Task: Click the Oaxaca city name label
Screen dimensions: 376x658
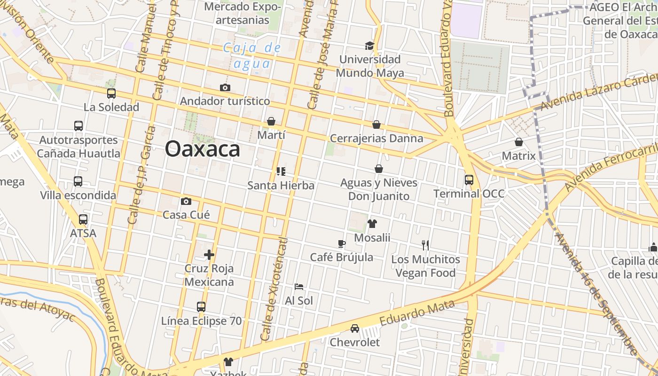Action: tap(202, 149)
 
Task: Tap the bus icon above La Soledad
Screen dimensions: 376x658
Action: tap(111, 94)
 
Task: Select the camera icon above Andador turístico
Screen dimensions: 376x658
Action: tap(225, 87)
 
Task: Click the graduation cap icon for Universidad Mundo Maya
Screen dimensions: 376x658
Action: tap(370, 46)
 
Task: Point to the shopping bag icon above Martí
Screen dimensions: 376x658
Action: tap(271, 122)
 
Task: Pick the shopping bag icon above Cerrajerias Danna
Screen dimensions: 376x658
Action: tap(376, 125)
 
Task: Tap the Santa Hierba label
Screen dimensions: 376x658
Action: tap(281, 186)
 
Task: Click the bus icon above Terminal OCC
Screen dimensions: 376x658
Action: tap(469, 180)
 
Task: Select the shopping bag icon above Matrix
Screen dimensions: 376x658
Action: tap(519, 142)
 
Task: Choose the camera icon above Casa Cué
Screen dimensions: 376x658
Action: tap(186, 201)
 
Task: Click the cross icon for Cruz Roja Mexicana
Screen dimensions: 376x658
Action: tap(209, 255)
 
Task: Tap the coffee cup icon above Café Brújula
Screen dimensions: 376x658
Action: tap(342, 243)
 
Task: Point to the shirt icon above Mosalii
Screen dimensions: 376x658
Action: tap(372, 224)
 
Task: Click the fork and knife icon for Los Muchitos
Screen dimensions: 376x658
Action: tap(425, 245)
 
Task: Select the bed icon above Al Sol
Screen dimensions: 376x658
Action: tap(299, 287)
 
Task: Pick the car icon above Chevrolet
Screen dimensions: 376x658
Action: tap(355, 329)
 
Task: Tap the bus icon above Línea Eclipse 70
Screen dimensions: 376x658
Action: tap(201, 307)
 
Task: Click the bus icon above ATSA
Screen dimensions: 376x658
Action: tap(83, 219)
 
